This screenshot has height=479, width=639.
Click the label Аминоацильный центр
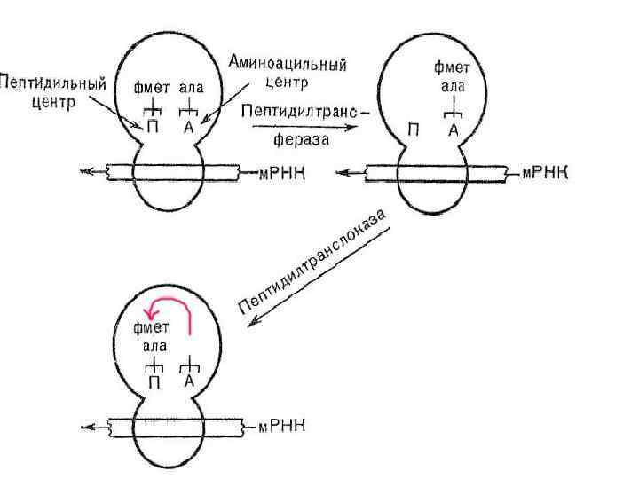pyautogui.click(x=287, y=73)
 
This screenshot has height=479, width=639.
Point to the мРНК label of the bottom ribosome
pyautogui.click(x=281, y=428)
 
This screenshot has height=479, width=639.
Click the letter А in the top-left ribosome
pyautogui.click(x=189, y=125)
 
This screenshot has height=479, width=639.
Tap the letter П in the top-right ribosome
pyautogui.click(x=414, y=131)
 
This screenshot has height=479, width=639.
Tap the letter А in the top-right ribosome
pyautogui.click(x=452, y=131)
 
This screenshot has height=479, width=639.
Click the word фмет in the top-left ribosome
pyautogui.click(x=152, y=88)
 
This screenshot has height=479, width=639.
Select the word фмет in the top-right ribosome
pyautogui.click(x=452, y=67)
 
